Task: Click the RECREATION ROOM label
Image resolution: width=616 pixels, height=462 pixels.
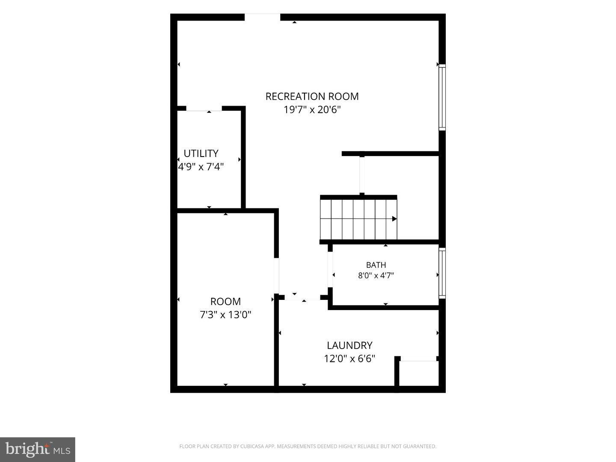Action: tap(312, 97)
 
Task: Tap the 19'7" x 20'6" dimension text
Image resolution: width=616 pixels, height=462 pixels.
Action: tap(312, 110)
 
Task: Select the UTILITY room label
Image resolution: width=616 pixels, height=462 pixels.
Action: tap(201, 154)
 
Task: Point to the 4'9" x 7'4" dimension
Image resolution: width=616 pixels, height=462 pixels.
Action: tap(201, 167)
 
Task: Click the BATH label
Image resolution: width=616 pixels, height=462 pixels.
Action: tap(376, 265)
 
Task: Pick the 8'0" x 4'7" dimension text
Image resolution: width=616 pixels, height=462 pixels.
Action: tap(376, 275)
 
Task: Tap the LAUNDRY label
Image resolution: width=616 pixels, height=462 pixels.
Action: tap(349, 345)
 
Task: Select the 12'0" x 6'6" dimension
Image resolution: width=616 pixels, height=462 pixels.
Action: tap(349, 358)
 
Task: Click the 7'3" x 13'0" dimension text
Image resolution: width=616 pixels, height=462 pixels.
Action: tap(225, 315)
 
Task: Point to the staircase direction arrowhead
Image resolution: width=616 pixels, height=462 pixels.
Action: tap(394, 219)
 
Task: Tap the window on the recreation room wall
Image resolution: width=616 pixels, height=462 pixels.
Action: tap(442, 98)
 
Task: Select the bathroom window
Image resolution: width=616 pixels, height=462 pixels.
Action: tap(442, 273)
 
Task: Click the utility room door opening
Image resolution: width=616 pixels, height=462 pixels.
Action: tap(204, 109)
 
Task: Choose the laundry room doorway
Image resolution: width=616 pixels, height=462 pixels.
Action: tap(302, 298)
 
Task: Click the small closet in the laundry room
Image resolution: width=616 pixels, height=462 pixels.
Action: tap(419, 373)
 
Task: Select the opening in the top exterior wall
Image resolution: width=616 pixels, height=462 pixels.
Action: tap(262, 17)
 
